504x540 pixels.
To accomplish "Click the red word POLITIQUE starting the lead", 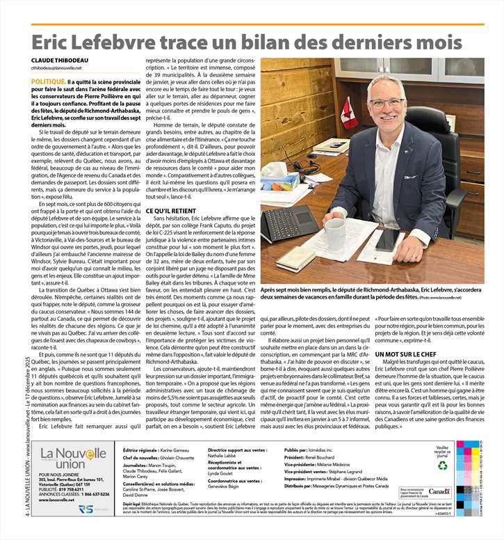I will coord(49,81).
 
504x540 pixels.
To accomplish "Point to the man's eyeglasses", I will coord(387,103).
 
